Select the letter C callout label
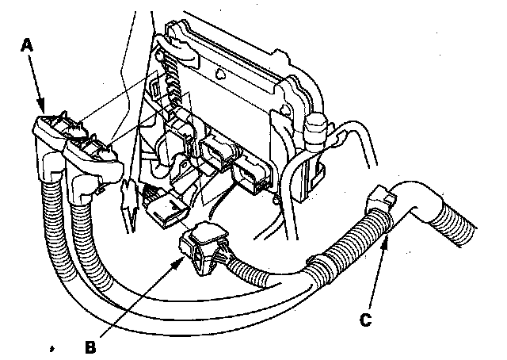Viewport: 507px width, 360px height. pos(366,320)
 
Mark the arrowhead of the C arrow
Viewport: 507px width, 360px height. pos(387,236)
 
